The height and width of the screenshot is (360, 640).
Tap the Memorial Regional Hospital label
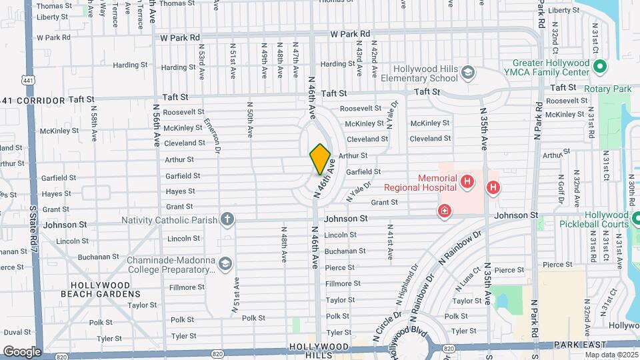point(438,183)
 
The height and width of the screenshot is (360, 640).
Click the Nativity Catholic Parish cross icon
point(227,219)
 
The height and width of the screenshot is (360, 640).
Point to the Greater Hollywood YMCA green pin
point(599,67)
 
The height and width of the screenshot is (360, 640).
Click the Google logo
point(22,351)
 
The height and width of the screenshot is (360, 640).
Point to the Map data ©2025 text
point(610,354)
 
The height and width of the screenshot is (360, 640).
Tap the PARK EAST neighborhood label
point(580,345)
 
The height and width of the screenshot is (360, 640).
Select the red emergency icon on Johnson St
point(444,211)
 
